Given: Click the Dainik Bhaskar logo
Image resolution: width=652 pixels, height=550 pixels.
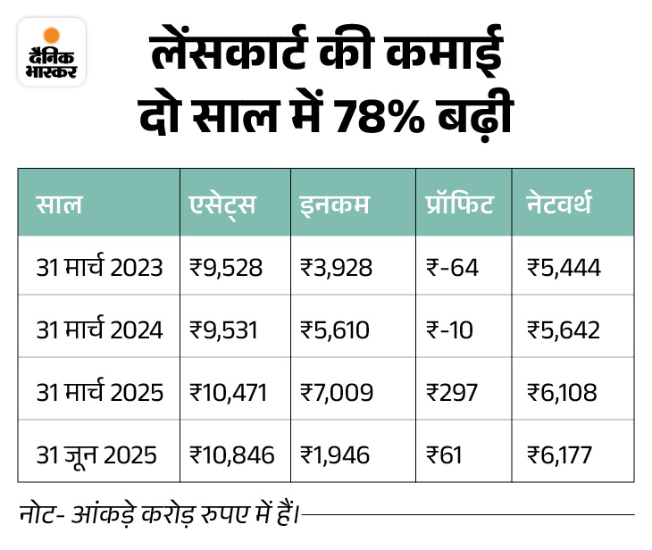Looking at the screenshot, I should point(52,52).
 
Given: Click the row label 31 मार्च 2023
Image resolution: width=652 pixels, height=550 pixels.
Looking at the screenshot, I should point(100,266).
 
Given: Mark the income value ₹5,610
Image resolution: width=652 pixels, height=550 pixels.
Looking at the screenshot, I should point(336,329).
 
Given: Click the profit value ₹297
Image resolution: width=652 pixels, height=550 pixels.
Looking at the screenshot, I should point(454,392).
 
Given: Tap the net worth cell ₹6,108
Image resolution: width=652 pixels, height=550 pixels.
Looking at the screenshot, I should point(563,392).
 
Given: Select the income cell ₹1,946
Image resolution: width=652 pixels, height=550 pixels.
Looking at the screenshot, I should point(336,454).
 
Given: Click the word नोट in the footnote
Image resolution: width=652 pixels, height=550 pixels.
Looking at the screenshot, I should point(37,514).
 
